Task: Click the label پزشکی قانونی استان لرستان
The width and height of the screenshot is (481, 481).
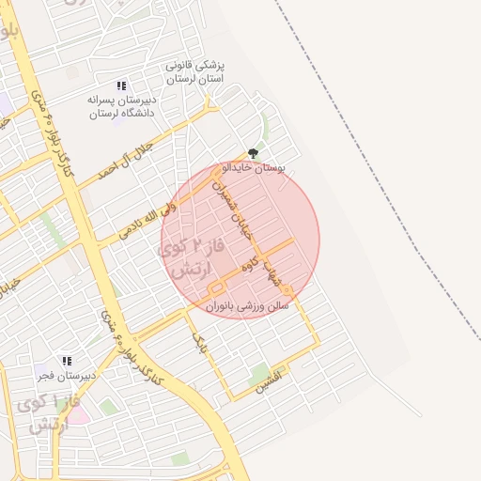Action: coord(196,73)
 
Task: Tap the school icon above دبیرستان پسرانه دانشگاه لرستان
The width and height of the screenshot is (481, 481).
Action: coord(122,85)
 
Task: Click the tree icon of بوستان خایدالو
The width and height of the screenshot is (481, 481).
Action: coord(253,153)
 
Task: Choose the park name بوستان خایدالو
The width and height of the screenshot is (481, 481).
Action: coord(252,168)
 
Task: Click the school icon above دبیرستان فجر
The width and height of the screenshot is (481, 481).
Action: coord(66,361)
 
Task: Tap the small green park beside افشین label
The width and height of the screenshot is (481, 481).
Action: coord(259,373)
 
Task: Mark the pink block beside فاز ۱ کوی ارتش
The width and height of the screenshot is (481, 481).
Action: coord(79,413)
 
